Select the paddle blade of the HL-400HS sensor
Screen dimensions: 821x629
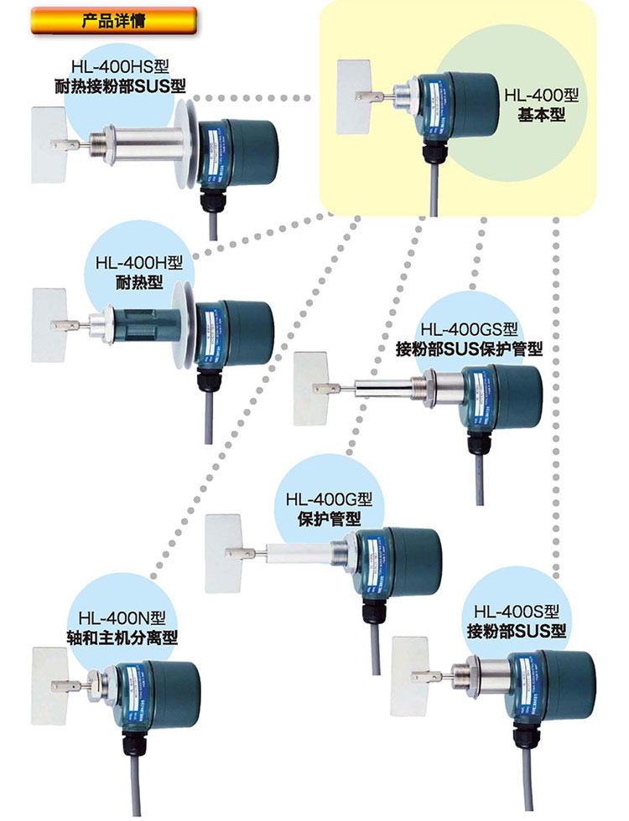[48, 144]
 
